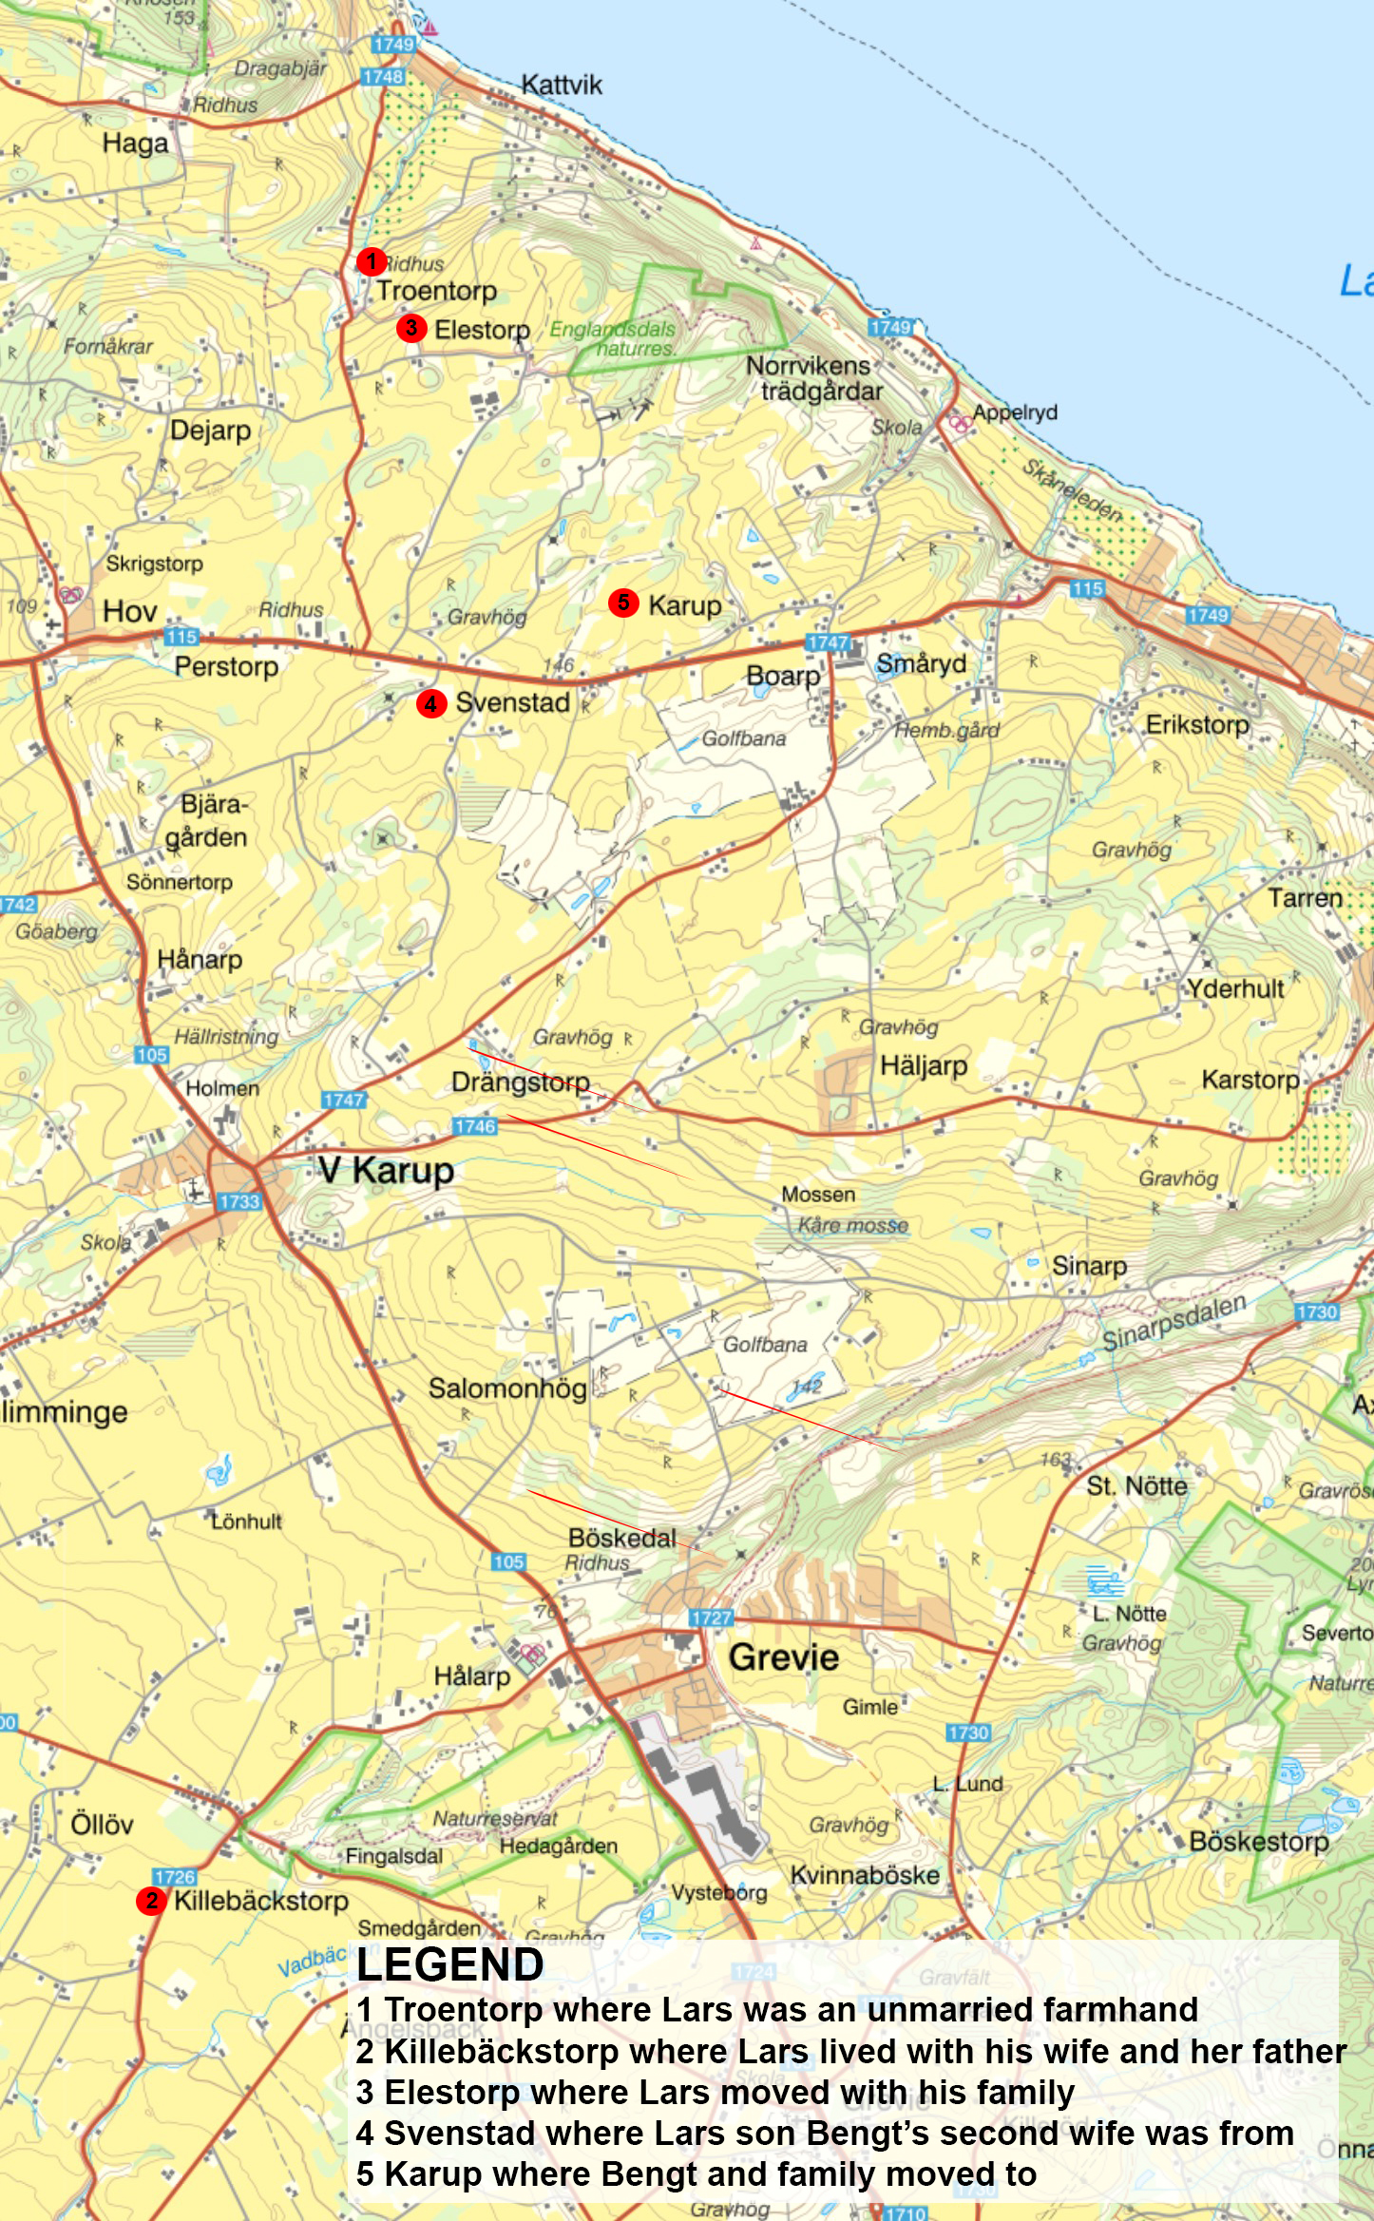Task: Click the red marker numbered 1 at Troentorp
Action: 371,260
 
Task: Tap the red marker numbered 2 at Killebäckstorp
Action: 151,1900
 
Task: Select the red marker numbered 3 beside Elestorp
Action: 410,328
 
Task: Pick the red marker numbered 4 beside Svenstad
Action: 431,703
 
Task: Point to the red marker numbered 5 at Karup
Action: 623,602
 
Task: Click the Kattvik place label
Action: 562,86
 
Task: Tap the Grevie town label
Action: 784,1657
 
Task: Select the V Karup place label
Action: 386,1170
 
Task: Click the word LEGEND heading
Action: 449,1964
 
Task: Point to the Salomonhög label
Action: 507,1388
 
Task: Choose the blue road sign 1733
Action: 239,1201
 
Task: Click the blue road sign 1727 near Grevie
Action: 711,1618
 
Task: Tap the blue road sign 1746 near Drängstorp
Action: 474,1126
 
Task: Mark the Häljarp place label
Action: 924,1065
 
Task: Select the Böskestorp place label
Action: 1259,1841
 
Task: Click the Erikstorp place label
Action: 1197,725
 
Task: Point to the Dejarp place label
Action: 211,431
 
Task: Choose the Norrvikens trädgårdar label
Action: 814,378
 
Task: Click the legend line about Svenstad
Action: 825,2133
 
